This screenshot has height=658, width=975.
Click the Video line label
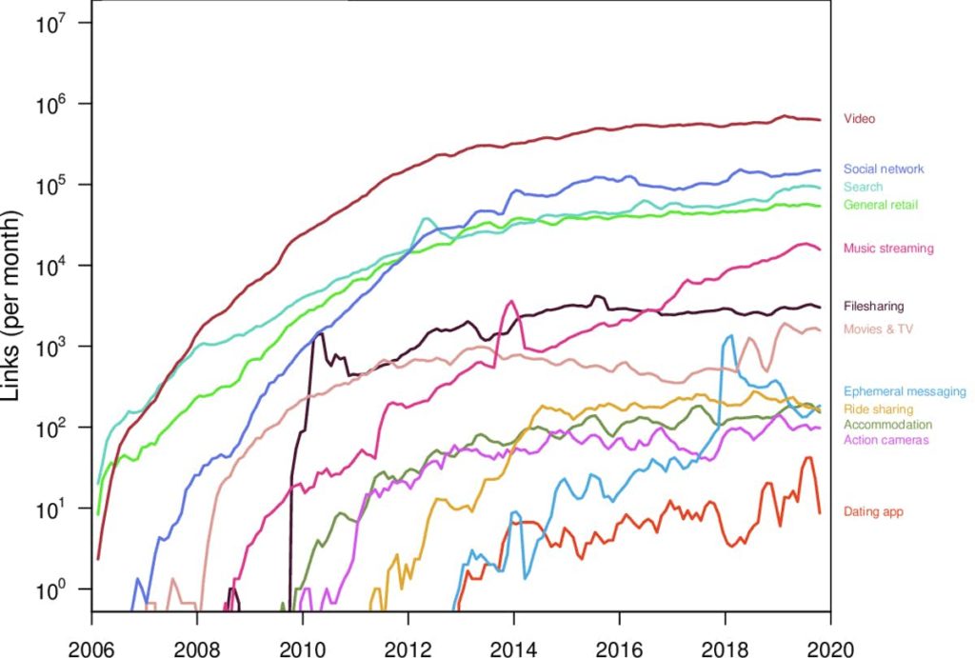pyautogui.click(x=859, y=119)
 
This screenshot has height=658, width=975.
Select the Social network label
pyautogui.click(x=884, y=169)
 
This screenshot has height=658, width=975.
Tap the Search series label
pyautogui.click(x=863, y=187)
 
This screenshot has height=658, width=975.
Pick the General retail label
pyautogui.click(x=881, y=205)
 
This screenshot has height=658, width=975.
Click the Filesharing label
pyautogui.click(x=873, y=307)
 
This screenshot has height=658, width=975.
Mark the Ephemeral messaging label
pyautogui.click(x=905, y=391)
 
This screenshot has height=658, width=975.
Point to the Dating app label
pyautogui.click(x=873, y=512)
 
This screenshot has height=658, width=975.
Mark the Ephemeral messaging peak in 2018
pyautogui.click(x=730, y=336)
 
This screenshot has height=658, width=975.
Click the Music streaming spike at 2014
pyautogui.click(x=512, y=302)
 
